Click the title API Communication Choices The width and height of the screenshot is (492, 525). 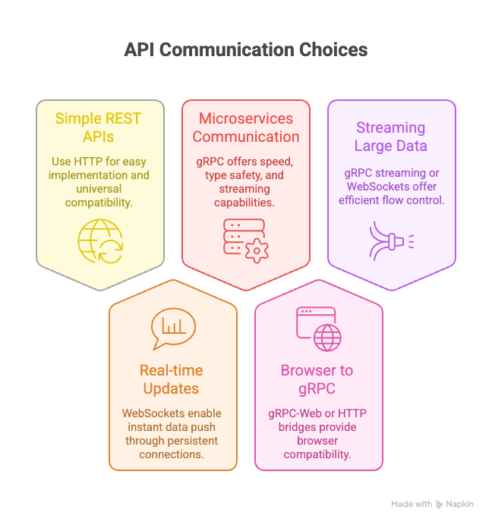click(246, 50)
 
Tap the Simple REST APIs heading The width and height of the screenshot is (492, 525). click(98, 127)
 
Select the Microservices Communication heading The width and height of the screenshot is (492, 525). click(245, 127)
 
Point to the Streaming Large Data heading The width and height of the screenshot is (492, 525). click(390, 137)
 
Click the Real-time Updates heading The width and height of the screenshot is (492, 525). click(171, 379)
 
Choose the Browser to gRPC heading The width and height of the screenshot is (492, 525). click(317, 379)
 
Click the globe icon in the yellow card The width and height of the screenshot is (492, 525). click(99, 240)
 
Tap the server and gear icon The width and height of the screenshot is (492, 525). click(244, 240)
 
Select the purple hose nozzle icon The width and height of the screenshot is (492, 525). click(390, 240)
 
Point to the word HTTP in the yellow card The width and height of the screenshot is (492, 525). click(93, 162)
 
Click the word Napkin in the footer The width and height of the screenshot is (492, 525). click(460, 504)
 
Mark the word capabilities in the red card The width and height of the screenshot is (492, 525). click(245, 203)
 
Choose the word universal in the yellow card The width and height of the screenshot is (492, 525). click(98, 189)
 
